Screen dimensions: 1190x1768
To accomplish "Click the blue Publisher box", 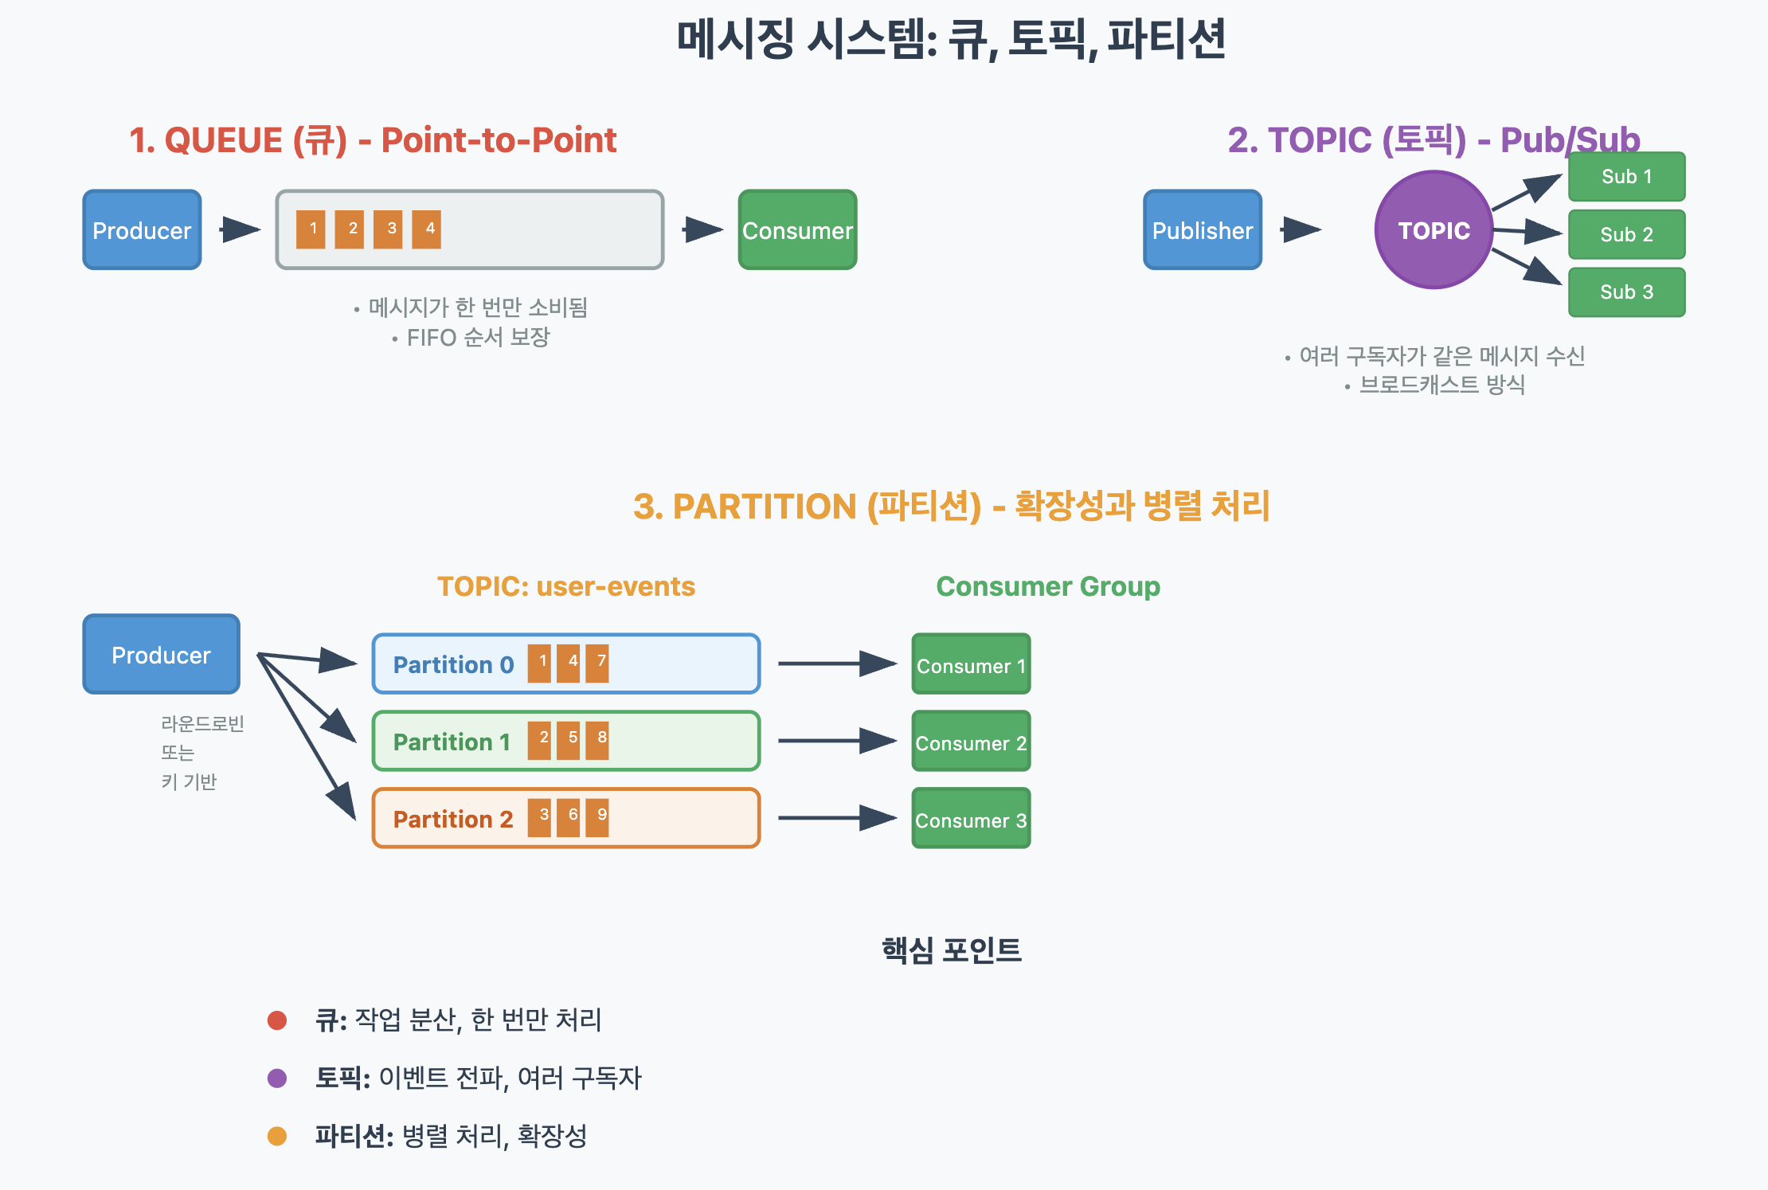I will (x=1203, y=230).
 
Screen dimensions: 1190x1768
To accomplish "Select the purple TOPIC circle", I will (x=1434, y=230).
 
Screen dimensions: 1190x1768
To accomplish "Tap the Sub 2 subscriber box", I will (x=1626, y=234).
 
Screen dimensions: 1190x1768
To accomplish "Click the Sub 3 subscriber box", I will (x=1626, y=292).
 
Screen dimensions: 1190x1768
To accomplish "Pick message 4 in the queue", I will (x=427, y=229).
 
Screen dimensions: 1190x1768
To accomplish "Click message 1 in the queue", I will (x=311, y=229).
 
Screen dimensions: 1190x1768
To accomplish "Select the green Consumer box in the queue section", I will (x=797, y=230).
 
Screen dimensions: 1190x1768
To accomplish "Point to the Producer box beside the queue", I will (x=142, y=230).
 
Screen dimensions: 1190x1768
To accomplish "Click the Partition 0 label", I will (x=453, y=664).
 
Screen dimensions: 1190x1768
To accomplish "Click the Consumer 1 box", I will (x=971, y=664).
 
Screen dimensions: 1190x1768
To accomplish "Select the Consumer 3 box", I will (x=971, y=819).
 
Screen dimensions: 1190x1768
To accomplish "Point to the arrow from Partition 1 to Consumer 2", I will (x=836, y=741).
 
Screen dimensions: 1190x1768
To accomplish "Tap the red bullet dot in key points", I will (x=277, y=1020).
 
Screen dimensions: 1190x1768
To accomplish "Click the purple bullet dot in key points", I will (x=277, y=1078).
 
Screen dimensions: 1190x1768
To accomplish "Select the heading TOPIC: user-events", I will (x=565, y=586).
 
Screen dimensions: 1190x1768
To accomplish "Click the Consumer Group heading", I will (x=1048, y=586).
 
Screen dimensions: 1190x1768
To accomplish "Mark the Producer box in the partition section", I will (x=161, y=655).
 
